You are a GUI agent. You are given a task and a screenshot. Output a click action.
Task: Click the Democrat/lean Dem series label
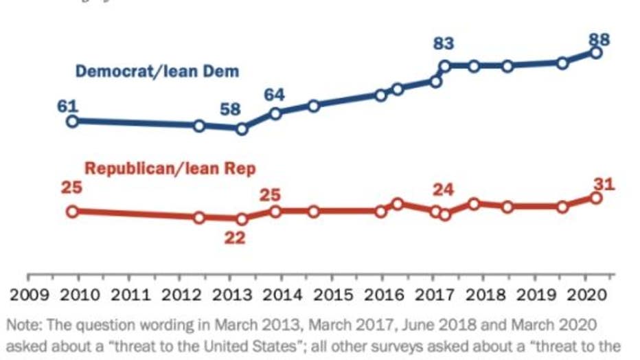click(157, 71)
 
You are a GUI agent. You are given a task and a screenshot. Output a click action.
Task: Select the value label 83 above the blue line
click(444, 44)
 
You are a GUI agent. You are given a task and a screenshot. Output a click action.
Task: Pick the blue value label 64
click(275, 95)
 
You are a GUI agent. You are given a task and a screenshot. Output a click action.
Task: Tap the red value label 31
click(604, 184)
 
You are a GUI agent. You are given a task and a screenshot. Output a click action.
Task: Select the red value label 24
click(444, 190)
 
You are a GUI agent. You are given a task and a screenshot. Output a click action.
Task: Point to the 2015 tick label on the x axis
click(332, 296)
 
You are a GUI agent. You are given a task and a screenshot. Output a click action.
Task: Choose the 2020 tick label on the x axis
click(584, 296)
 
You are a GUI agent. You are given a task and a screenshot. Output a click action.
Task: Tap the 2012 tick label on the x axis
click(180, 296)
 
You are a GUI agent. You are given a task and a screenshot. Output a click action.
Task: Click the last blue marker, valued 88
click(596, 53)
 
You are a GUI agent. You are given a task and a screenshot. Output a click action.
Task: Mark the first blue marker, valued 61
click(71, 122)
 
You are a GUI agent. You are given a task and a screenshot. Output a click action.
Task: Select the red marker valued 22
click(241, 219)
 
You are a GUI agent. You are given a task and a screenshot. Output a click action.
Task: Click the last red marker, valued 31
click(596, 198)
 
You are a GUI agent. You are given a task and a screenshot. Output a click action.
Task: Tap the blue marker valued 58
click(241, 128)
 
